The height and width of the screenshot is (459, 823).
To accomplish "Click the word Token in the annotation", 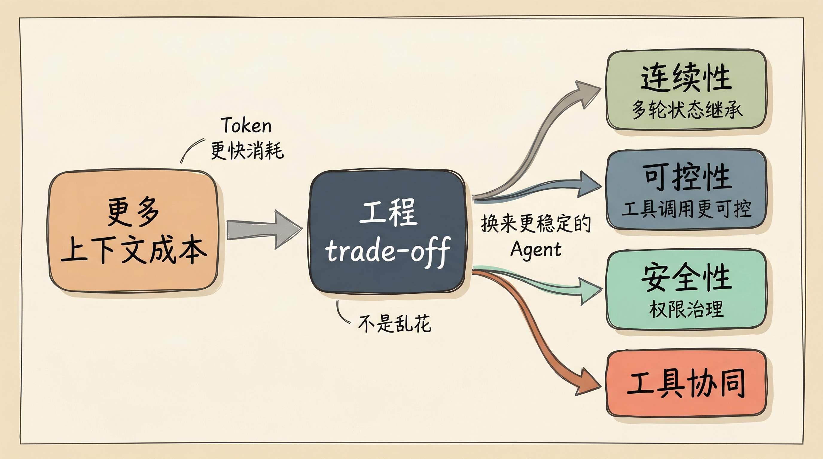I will (x=246, y=125).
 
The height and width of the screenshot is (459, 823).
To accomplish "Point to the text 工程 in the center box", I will (x=388, y=212).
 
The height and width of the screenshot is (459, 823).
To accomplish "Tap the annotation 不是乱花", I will (x=394, y=323).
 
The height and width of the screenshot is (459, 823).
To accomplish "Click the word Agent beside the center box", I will (x=536, y=250).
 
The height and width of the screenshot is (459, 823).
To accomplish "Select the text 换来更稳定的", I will (x=536, y=224).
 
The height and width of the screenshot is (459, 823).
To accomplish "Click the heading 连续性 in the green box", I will (x=686, y=78).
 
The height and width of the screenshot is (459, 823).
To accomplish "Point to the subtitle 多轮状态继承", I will (x=687, y=109).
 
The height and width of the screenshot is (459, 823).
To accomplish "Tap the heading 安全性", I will (x=687, y=277).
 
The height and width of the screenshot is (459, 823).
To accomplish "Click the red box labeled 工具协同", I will (x=686, y=383).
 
